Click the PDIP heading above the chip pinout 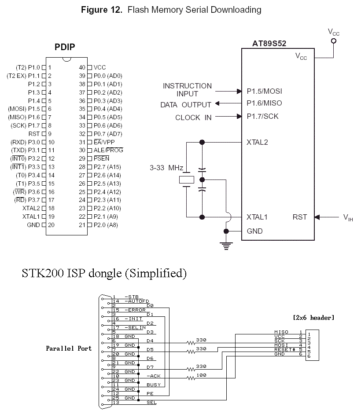[x=65, y=47]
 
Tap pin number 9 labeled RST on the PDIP [x=50, y=134]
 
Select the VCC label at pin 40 [x=99, y=67]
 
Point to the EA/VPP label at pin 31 [x=104, y=142]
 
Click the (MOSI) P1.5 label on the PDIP [x=24, y=109]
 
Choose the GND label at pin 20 [x=33, y=225]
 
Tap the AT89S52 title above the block [x=269, y=44]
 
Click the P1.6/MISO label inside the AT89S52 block [x=264, y=103]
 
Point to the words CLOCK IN [x=193, y=117]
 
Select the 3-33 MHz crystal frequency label [x=166, y=168]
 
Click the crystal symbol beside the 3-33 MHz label [x=187, y=180]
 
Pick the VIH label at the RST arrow [x=348, y=217]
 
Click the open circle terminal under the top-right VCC [x=334, y=41]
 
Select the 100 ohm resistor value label [x=202, y=375]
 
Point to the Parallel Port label [x=69, y=348]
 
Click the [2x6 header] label [x=313, y=318]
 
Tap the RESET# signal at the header [x=285, y=349]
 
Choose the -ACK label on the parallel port [x=154, y=376]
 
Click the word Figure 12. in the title [x=102, y=10]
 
